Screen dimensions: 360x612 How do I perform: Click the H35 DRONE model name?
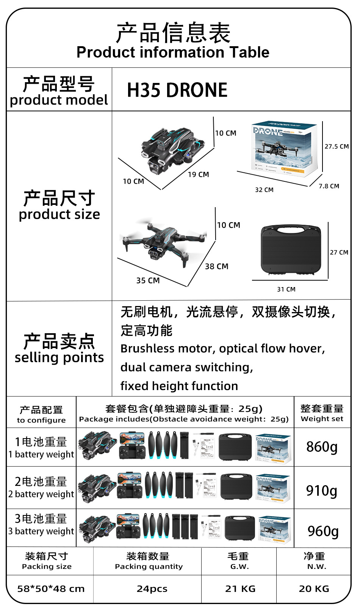pyautogui.click(x=177, y=90)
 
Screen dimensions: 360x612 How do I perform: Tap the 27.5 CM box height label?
pyautogui.click(x=337, y=147)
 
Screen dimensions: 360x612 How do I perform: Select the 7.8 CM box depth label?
pyautogui.click(x=329, y=186)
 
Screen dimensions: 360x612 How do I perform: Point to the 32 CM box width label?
pyautogui.click(x=264, y=190)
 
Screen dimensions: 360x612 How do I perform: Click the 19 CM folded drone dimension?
pyautogui.click(x=198, y=175)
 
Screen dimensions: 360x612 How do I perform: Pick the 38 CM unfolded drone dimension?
pyautogui.click(x=216, y=267)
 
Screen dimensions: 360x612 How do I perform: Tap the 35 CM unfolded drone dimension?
pyautogui.click(x=148, y=281)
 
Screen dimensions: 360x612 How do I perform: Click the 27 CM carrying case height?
pyautogui.click(x=339, y=253)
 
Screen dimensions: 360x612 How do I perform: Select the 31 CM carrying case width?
pyautogui.click(x=286, y=289)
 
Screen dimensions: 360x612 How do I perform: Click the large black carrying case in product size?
pyautogui.click(x=291, y=250)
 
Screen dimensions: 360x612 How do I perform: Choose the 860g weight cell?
pyautogui.click(x=322, y=447)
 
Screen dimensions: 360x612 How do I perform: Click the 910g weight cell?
pyautogui.click(x=322, y=491)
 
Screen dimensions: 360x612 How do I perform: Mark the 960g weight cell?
pyautogui.click(x=323, y=531)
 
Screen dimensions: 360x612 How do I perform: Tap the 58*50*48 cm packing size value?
pyautogui.click(x=51, y=589)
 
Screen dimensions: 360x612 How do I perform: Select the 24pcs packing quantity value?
pyautogui.click(x=152, y=589)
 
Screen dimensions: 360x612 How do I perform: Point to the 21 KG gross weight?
pyautogui.click(x=240, y=589)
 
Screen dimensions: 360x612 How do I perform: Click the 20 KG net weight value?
pyautogui.click(x=314, y=589)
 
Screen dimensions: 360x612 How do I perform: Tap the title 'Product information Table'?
pyautogui.click(x=173, y=52)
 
